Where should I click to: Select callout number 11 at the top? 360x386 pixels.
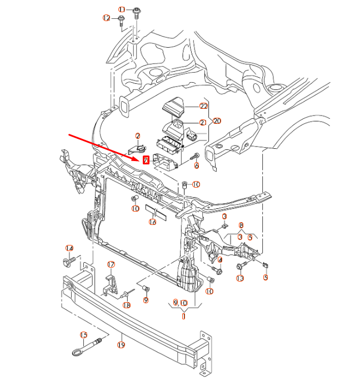[x=122, y=10]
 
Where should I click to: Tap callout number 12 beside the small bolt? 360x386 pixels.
[x=107, y=18]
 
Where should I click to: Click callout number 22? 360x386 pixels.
[x=203, y=106]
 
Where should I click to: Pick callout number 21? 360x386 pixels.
[x=203, y=123]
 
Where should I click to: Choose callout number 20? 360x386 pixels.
[x=217, y=121]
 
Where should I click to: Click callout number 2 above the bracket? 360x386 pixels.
[x=138, y=136]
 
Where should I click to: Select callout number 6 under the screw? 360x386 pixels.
[x=196, y=166]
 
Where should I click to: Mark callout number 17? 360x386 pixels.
[x=111, y=264]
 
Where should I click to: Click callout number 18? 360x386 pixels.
[x=127, y=305]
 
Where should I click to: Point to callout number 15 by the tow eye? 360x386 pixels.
[x=84, y=335]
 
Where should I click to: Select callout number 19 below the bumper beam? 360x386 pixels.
[x=121, y=345]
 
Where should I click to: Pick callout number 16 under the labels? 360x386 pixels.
[x=153, y=222]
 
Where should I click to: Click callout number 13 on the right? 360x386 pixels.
[x=240, y=278]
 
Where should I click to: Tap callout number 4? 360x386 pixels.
[x=220, y=260]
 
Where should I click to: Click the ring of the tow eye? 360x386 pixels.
[x=76, y=350]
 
